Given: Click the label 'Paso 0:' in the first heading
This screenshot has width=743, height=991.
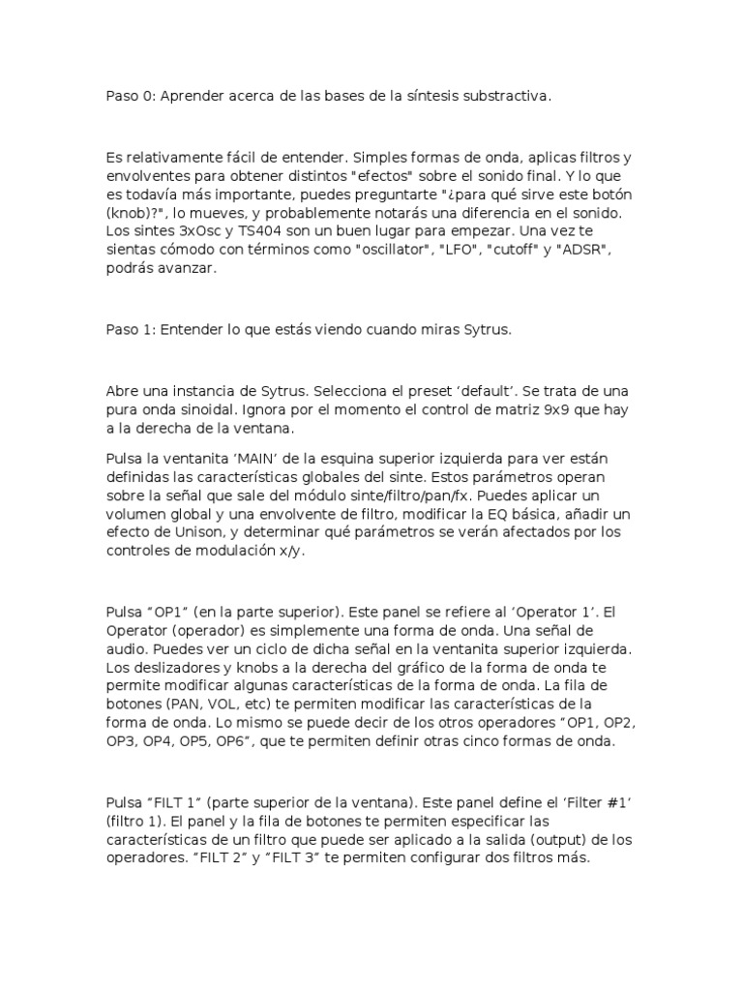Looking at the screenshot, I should pyautogui.click(x=130, y=97).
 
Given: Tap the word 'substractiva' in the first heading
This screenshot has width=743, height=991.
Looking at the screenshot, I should pyautogui.click(x=507, y=97).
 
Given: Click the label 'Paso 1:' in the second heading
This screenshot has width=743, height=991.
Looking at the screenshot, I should pyautogui.click(x=130, y=330).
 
